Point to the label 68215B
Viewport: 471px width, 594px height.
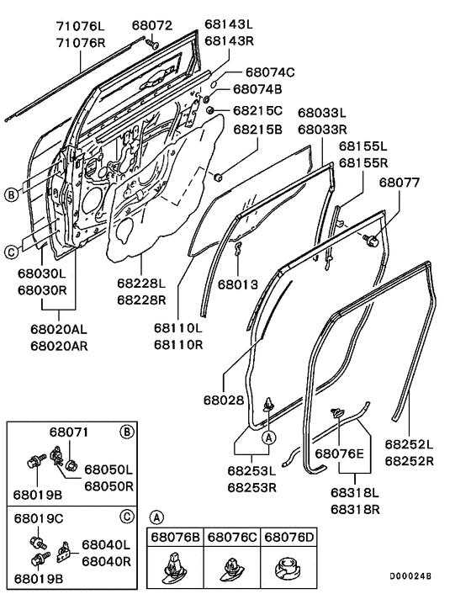point(258,130)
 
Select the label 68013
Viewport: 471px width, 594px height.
point(239,284)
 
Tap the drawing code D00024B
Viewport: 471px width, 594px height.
point(412,576)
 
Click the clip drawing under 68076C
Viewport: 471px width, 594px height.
point(233,569)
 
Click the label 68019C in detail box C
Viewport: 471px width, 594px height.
point(40,519)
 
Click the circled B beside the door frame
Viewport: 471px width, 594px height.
point(10,195)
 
